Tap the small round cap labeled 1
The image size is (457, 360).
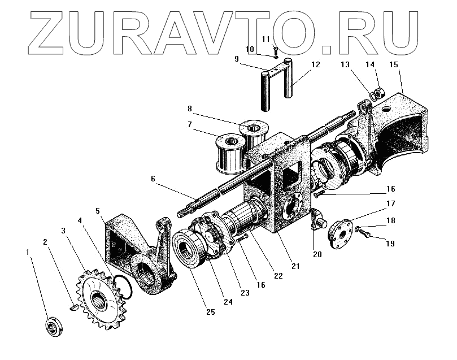(53, 327)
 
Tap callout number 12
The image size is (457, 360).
(315, 64)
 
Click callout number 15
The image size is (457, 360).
(394, 64)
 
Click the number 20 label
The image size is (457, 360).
(317, 254)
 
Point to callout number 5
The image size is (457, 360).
(98, 211)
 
